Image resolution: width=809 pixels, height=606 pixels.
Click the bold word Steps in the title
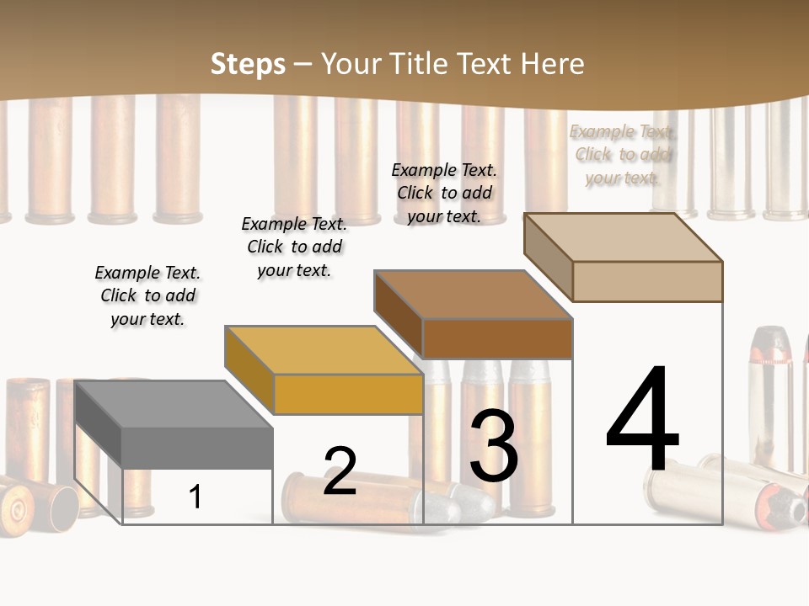pos(248,64)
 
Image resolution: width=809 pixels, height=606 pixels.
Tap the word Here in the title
pos(552,64)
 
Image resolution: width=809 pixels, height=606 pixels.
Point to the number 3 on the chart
pos(494,445)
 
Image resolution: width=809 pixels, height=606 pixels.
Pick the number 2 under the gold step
pos(340,471)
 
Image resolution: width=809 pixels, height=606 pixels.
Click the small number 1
pos(196,497)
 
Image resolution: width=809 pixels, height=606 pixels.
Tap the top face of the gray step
pos(173,405)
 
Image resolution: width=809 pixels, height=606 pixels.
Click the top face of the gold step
pos(323,350)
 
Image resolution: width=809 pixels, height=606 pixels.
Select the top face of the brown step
pos(472,295)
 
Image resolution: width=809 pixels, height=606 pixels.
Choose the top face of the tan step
pos(622,237)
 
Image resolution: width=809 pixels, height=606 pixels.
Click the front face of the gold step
pos(348,394)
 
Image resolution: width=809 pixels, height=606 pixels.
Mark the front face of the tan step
pos(647,281)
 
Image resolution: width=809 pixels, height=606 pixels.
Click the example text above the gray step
pos(147,296)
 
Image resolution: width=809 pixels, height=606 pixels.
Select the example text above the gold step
pos(294,247)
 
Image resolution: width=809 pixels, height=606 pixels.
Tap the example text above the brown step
pos(444,193)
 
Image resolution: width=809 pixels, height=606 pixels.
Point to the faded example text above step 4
pos(623,154)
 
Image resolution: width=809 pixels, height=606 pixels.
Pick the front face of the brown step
pos(497,338)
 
